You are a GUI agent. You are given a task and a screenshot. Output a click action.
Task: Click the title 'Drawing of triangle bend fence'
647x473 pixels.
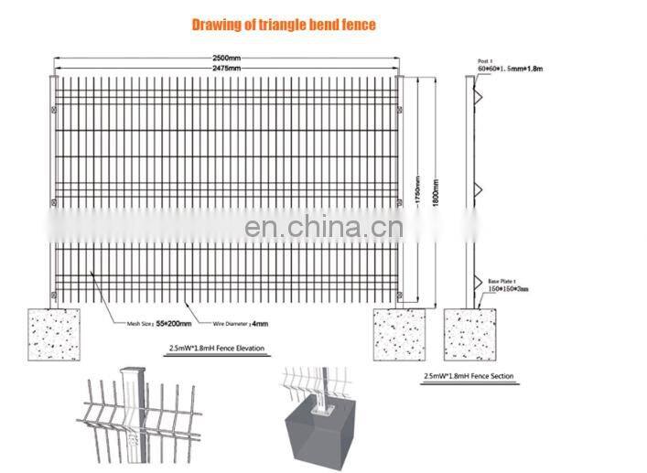click(283, 25)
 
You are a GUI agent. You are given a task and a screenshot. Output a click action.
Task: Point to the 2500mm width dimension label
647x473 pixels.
click(226, 59)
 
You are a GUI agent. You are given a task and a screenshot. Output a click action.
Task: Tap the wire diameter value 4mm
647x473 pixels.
click(259, 323)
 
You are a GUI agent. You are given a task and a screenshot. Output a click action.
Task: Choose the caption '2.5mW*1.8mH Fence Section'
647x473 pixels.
click(469, 376)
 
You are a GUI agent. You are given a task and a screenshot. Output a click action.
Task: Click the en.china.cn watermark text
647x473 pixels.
click(324, 224)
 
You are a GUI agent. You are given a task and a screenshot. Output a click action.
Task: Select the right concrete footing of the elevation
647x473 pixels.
click(399, 334)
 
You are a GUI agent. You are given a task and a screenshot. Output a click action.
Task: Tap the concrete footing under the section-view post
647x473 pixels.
click(471, 334)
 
